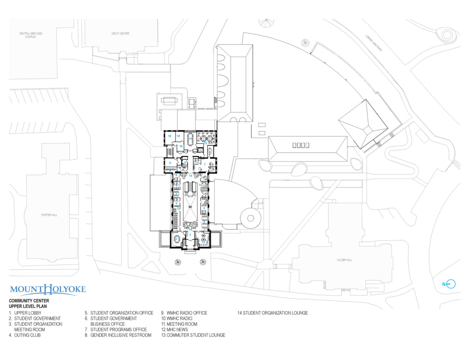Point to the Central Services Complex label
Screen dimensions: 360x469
pyautogui.click(x=30, y=35)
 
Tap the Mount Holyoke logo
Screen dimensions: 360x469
pyautogui.click(x=48, y=290)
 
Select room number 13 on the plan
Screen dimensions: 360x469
pyautogui.click(x=203, y=242)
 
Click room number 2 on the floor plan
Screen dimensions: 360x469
pyautogui.click(x=177, y=239)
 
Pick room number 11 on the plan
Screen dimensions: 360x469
pyautogui.click(x=191, y=138)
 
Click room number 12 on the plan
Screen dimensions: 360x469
pyautogui.click(x=205, y=143)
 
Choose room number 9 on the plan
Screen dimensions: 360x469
pyautogui.click(x=170, y=162)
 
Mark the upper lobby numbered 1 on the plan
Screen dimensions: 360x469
pyautogui.click(x=190, y=235)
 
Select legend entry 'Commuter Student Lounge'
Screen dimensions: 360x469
pyautogui.click(x=193, y=335)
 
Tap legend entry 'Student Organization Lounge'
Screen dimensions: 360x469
pyautogui.click(x=273, y=313)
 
